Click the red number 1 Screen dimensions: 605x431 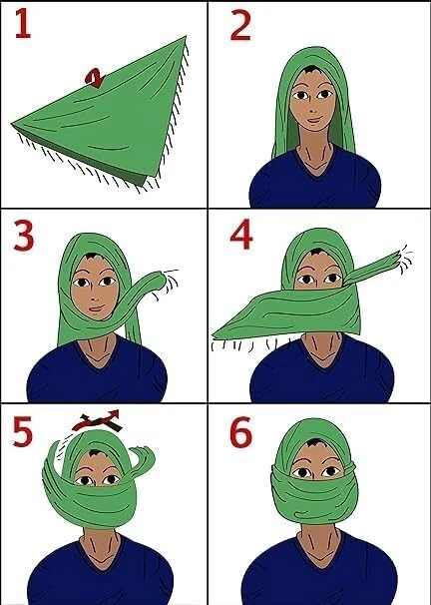point(22,24)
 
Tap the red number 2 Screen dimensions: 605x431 point(240,26)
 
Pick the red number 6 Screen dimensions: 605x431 point(241,433)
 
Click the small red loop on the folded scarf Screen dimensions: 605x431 point(96,77)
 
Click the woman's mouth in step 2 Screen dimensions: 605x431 point(311,123)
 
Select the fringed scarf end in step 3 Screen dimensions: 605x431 point(160,283)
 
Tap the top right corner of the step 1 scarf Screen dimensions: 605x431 point(185,39)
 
